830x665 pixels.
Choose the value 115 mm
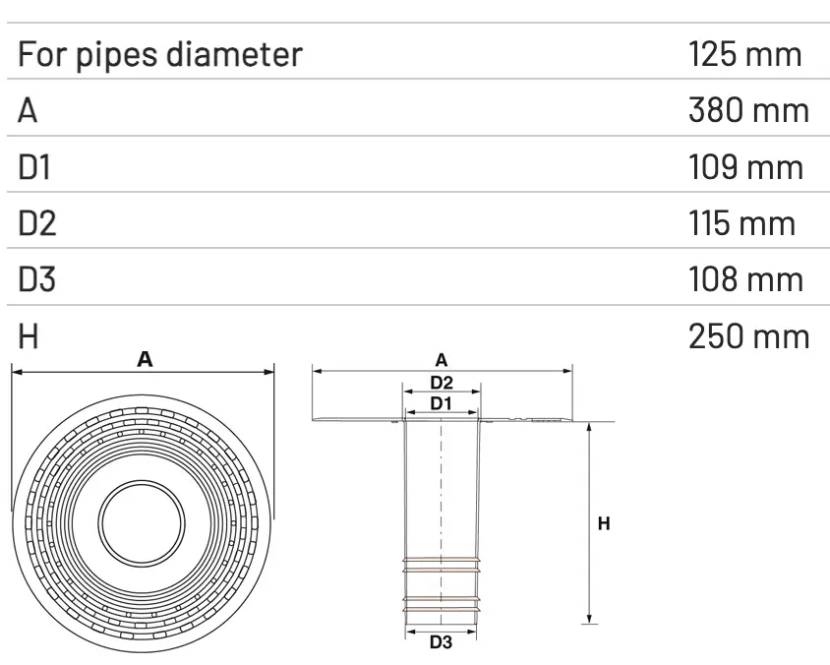(x=741, y=223)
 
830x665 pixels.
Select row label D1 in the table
(x=34, y=167)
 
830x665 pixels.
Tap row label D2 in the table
(x=37, y=223)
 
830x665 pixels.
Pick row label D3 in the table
(x=37, y=280)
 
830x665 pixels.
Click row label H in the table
(x=29, y=336)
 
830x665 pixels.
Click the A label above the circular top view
(x=144, y=360)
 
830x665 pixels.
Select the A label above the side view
(x=442, y=360)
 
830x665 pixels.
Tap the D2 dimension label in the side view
(x=442, y=382)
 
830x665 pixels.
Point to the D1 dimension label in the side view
(x=441, y=403)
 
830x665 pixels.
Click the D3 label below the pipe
(x=441, y=644)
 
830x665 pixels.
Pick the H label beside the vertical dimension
(x=605, y=524)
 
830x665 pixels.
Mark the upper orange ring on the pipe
(x=442, y=566)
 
